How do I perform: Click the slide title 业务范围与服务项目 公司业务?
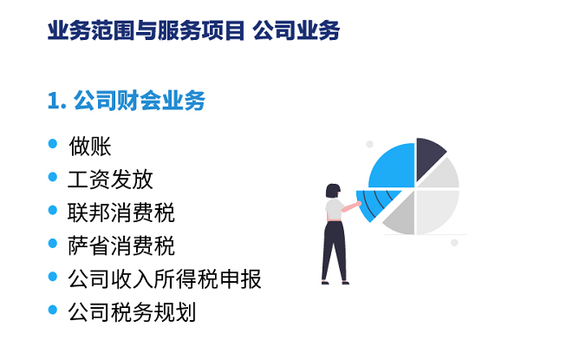pyautogui.click(x=193, y=30)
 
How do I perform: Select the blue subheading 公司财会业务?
pyautogui.click(x=140, y=101)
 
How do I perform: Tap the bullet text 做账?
pyautogui.click(x=90, y=147)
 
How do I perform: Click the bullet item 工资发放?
pyautogui.click(x=110, y=180)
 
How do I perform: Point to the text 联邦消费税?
pyautogui.click(x=121, y=213)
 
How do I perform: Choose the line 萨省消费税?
pyautogui.click(x=121, y=245)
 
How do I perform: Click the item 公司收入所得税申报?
pyautogui.click(x=165, y=278)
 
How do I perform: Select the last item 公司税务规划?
pyautogui.click(x=132, y=312)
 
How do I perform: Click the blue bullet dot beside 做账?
pyautogui.click(x=53, y=143)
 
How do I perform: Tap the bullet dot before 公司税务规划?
pyautogui.click(x=53, y=310)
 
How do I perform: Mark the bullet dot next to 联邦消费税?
pyautogui.click(x=53, y=210)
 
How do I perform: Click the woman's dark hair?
pyautogui.click(x=333, y=190)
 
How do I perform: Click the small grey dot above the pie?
pyautogui.click(x=369, y=144)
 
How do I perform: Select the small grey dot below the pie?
pyautogui.click(x=454, y=243)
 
